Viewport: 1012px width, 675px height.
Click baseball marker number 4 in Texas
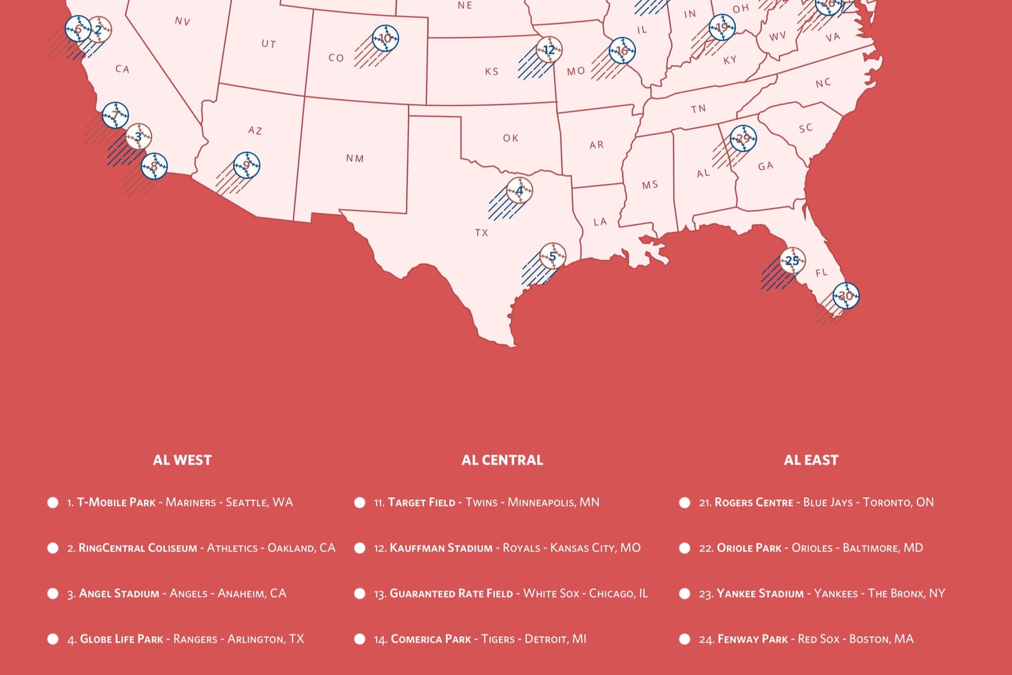pos(519,191)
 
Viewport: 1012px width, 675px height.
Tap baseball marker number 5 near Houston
pos(553,256)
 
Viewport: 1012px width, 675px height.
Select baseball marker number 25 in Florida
pos(792,261)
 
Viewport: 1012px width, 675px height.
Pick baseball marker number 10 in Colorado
pos(386,38)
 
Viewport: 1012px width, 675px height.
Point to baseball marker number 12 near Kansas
pos(549,50)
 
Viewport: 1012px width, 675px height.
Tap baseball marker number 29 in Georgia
pos(743,138)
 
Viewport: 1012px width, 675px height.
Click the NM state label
pos(355,158)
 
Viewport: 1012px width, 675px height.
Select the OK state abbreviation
pos(510,138)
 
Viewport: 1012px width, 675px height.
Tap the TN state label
pos(698,109)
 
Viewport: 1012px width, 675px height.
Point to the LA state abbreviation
pos(600,222)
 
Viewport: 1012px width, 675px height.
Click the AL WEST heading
pos(182,460)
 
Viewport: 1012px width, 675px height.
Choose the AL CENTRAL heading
pos(502,460)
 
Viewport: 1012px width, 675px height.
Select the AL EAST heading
pos(811,460)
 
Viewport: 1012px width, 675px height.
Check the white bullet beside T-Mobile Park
pos(53,502)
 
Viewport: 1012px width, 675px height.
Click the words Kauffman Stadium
pos(441,548)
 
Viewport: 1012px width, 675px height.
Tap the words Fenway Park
pos(753,639)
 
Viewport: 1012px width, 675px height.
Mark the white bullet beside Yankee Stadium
pos(684,593)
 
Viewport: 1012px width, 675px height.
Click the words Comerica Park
pos(431,639)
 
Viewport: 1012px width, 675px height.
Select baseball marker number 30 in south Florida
pos(846,296)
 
